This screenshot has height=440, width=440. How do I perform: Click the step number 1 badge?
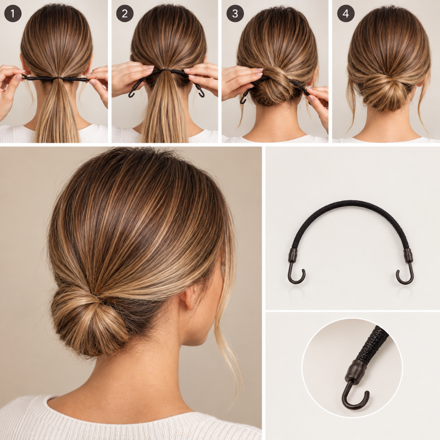13,13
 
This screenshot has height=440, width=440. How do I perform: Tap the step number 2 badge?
125,13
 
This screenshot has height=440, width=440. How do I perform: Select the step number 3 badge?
235,13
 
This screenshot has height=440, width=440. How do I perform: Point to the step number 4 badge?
346,13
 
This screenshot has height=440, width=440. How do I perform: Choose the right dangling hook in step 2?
201,93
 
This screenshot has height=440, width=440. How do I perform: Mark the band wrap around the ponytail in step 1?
58,78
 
